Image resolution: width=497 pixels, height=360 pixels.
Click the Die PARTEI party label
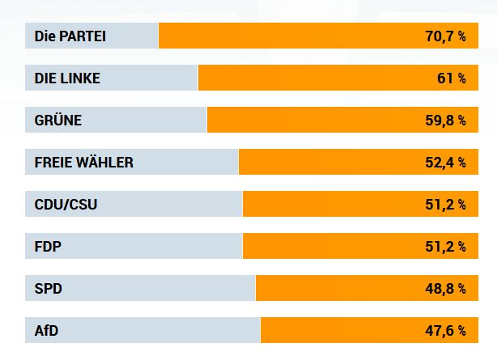coord(70,36)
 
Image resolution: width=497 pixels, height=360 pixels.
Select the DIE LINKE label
coord(67,78)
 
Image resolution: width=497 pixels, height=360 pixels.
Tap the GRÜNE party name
coord(58,121)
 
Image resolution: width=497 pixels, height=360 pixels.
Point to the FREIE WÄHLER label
coord(84,163)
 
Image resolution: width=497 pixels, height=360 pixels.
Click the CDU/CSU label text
coord(66,205)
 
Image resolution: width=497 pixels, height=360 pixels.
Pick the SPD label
coord(49,289)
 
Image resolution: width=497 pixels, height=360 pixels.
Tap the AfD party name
coord(46,331)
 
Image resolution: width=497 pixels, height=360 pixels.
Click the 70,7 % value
coord(444,36)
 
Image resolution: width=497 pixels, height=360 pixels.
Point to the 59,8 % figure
coord(444,121)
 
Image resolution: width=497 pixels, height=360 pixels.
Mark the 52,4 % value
coord(444,163)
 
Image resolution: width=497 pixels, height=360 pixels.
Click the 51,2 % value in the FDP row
coord(444,247)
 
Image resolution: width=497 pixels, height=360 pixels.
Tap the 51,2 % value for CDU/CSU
coord(444,205)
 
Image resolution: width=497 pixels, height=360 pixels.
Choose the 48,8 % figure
coord(444,289)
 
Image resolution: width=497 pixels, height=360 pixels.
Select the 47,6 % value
coord(444,331)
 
